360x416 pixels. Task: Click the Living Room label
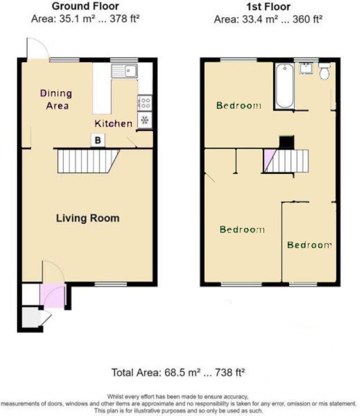pyautogui.click(x=88, y=218)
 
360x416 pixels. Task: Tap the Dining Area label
pyautogui.click(x=56, y=99)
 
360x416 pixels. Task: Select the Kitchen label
pyautogui.click(x=113, y=123)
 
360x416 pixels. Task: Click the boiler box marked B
pyautogui.click(x=98, y=140)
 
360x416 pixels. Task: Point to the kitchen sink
pyautogui.click(x=124, y=71)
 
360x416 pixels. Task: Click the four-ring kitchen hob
pyautogui.click(x=145, y=103)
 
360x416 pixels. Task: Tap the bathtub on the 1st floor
pyautogui.click(x=285, y=86)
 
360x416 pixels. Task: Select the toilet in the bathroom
pyautogui.click(x=324, y=71)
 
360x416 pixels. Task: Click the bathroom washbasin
pyautogui.click(x=307, y=68)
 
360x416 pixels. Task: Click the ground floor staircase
pyautogui.click(x=88, y=161)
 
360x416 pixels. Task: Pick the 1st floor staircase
pyautogui.click(x=286, y=161)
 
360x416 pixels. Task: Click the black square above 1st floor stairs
pyautogui.click(x=287, y=142)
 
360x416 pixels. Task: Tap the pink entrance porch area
pyautogui.click(x=53, y=296)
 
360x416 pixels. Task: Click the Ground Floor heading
pyautogui.click(x=85, y=6)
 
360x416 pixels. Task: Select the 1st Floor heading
pyautogui.click(x=268, y=6)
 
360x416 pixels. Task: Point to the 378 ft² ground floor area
pyautogui.click(x=125, y=19)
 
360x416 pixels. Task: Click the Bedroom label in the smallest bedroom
pyautogui.click(x=309, y=245)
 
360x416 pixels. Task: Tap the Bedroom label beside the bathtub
pyautogui.click(x=239, y=105)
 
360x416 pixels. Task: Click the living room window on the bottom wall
pyautogui.click(x=111, y=284)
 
